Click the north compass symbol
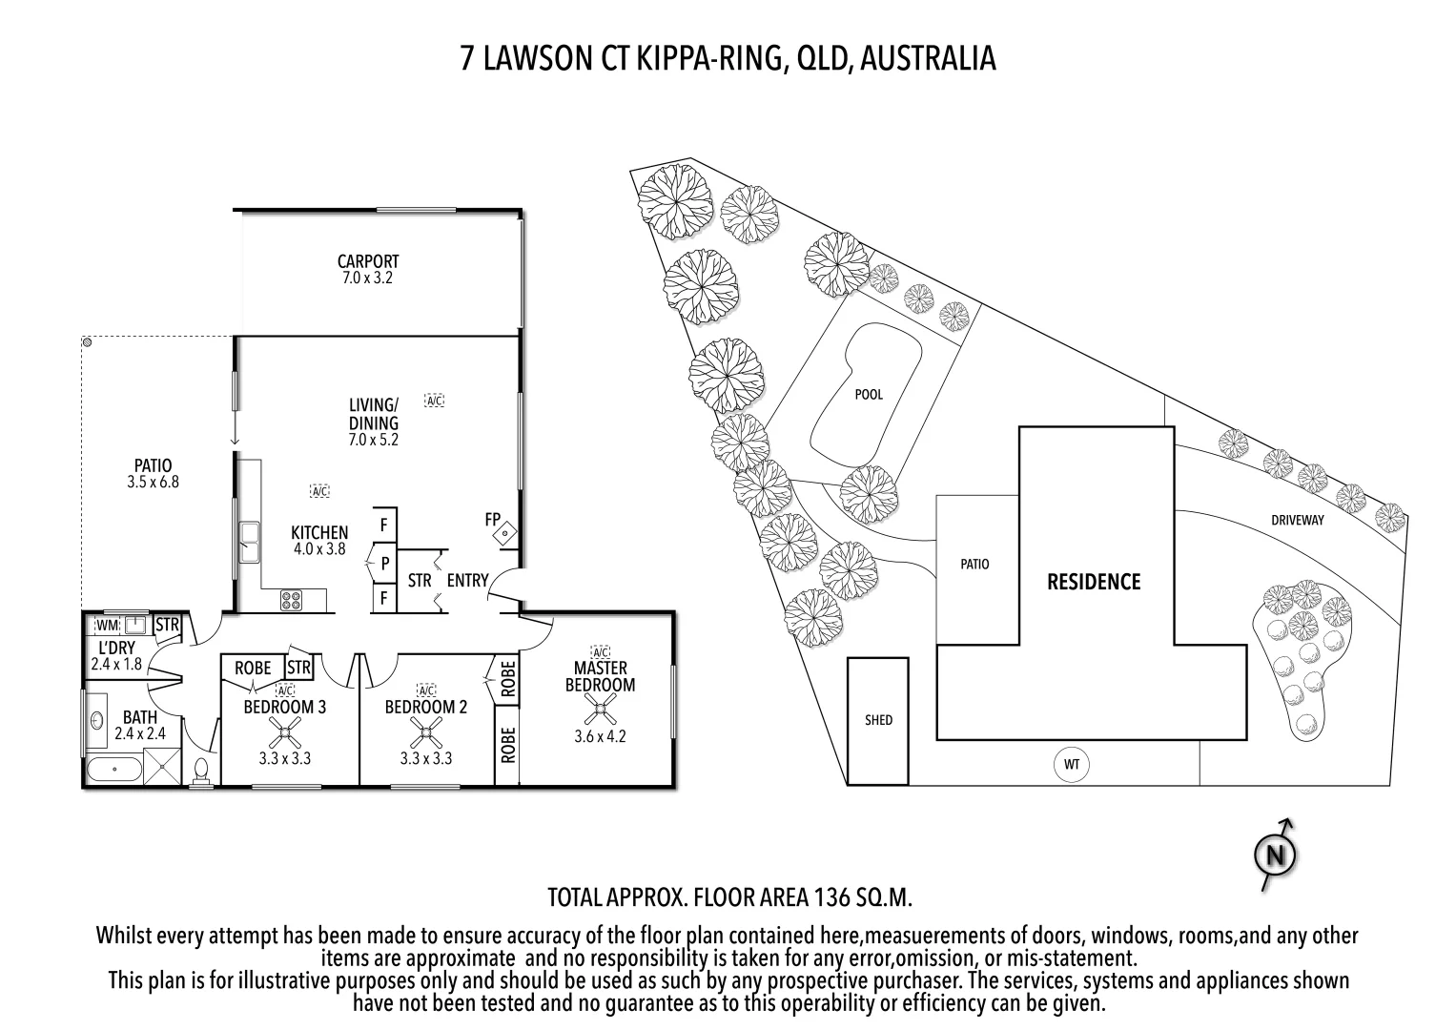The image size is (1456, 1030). tap(1275, 855)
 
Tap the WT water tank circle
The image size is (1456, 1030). tap(1072, 764)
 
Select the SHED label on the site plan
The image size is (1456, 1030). tap(878, 720)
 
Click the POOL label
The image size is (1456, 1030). tap(869, 394)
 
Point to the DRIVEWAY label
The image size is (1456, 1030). tap(1297, 520)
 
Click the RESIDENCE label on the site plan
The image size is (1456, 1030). tap(1094, 582)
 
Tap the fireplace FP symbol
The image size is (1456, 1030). tap(504, 534)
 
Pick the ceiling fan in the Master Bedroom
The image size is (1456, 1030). tap(600, 710)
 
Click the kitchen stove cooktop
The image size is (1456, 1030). tap(291, 601)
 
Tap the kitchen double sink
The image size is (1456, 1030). tap(251, 542)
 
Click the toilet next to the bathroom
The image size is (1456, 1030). tap(202, 771)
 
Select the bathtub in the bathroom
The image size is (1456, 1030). tap(113, 768)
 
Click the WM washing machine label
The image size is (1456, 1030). tap(106, 626)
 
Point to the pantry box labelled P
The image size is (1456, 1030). tap(384, 564)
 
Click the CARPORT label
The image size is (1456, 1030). tap(367, 261)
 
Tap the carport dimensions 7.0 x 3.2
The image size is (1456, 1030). tap(367, 278)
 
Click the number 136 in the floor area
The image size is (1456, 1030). tap(828, 897)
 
